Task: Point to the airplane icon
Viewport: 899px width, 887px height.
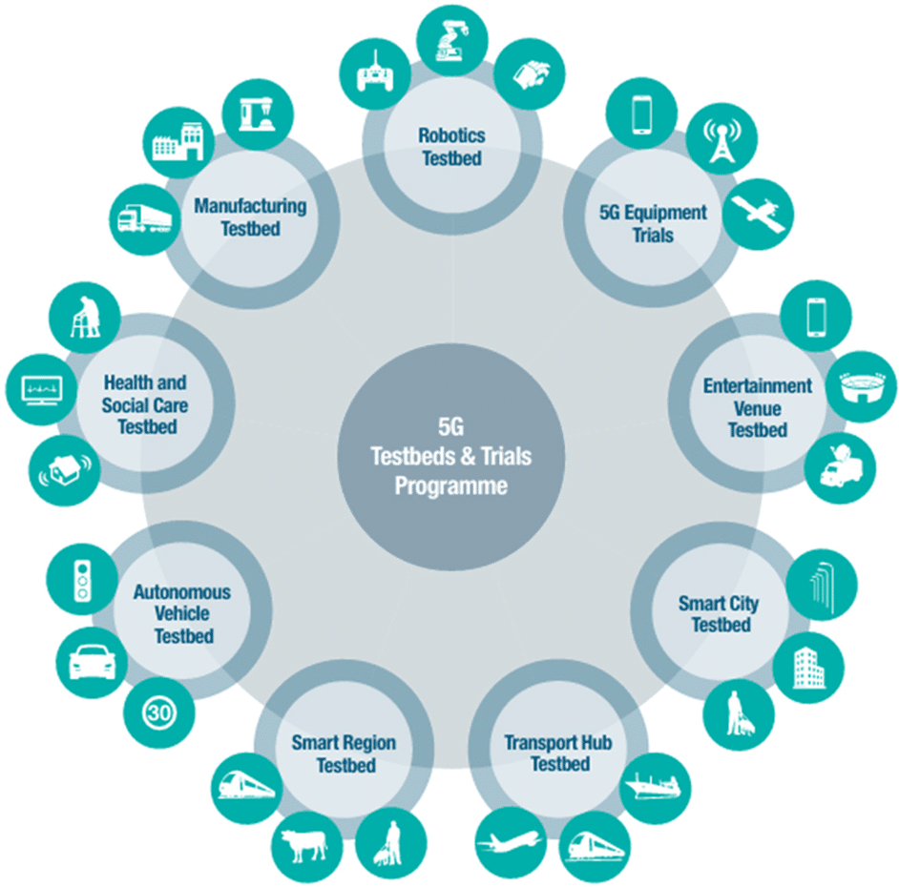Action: point(510,844)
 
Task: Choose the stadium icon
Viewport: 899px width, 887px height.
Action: point(862,387)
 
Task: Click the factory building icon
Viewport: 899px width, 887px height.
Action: point(179,144)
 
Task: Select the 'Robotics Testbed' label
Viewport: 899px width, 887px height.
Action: point(451,147)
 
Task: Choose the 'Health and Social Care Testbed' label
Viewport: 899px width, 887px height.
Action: point(146,404)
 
